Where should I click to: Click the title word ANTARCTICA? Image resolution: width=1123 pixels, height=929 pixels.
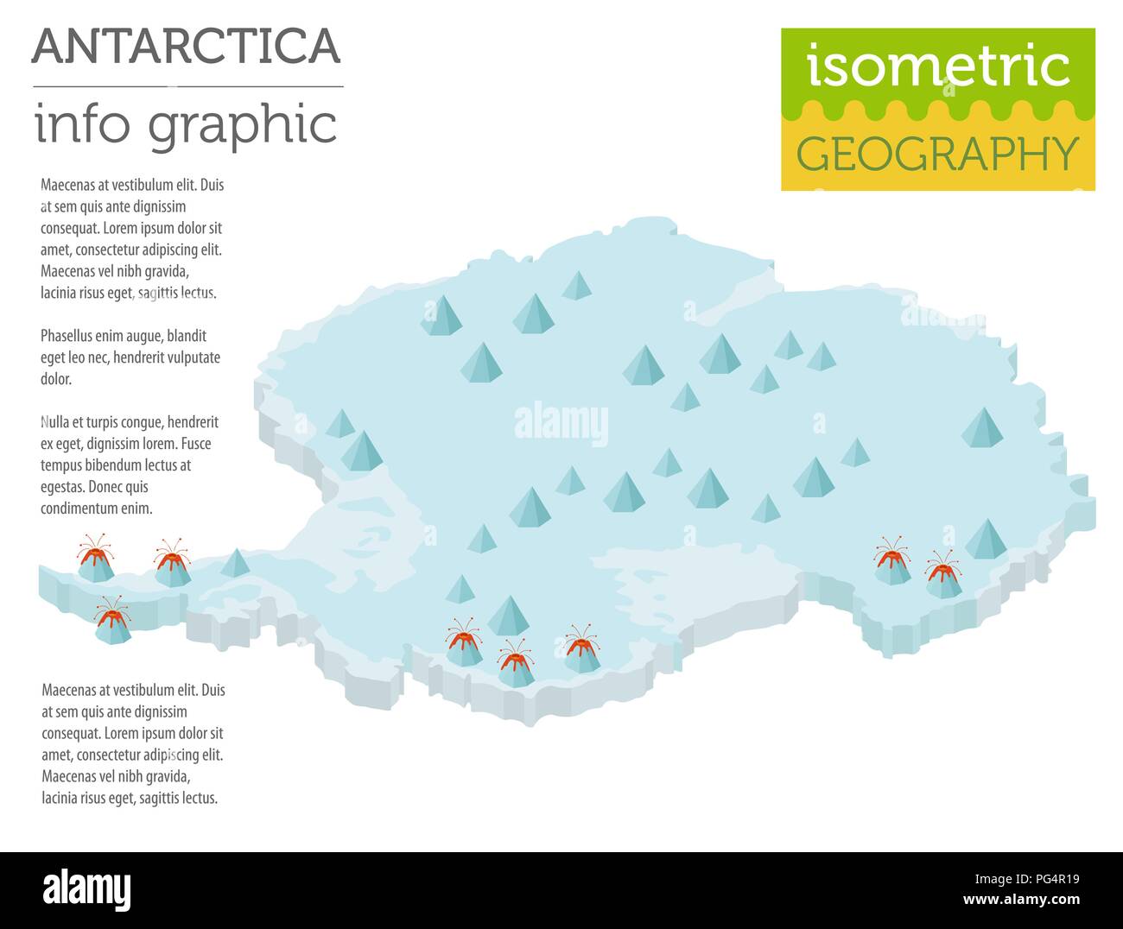pos(187,46)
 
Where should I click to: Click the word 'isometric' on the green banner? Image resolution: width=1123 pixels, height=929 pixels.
pos(938,66)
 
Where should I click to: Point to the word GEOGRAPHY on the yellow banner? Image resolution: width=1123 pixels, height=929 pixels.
pos(937,154)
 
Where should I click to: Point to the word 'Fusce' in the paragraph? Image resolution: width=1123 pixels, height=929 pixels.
pos(194,444)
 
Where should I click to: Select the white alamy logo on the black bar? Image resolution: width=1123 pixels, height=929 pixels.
pos(86,889)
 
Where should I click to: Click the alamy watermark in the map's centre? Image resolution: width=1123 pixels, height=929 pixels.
pos(561,424)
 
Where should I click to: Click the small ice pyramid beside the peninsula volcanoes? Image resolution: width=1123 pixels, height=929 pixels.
pos(234,563)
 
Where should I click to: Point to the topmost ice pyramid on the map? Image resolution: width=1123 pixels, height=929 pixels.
pos(576,285)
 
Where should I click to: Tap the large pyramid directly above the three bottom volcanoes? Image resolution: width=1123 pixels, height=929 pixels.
pos(508,615)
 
